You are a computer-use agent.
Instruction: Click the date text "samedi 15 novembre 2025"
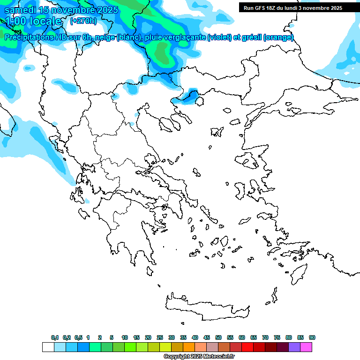coord(55,10)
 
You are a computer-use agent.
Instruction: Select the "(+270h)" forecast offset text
coord(84,21)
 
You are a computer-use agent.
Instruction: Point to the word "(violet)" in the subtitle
coord(220,37)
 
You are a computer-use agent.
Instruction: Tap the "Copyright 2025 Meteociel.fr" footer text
coord(199,357)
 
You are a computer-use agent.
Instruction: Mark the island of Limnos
coord(217,132)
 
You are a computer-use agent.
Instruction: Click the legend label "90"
coord(312,337)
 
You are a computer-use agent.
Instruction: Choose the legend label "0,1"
coord(55,337)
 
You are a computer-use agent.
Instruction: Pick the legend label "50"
coord(218,337)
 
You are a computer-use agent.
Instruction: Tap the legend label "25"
coord(160,337)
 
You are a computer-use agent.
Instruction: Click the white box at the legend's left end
coord(48,347)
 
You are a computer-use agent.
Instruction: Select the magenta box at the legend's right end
coord(306,347)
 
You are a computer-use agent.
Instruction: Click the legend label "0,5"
coord(78,337)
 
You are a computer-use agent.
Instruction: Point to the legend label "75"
coord(277,337)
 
